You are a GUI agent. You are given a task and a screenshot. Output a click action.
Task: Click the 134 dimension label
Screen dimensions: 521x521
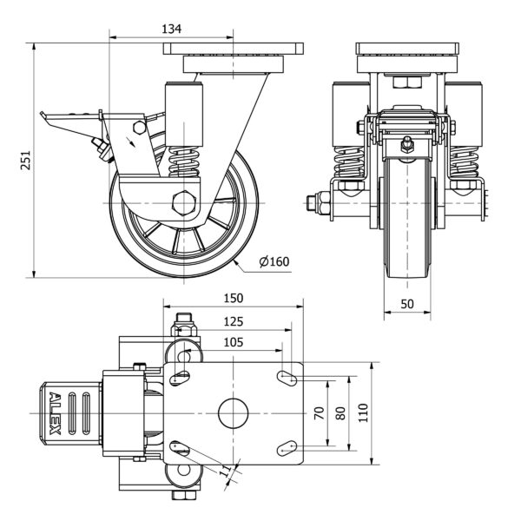[172, 29]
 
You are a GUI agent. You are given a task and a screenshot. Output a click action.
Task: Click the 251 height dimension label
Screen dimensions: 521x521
[26, 161]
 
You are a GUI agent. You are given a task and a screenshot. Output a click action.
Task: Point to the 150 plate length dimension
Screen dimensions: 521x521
[233, 298]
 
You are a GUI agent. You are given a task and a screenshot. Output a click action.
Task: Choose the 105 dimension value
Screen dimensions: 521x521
[233, 341]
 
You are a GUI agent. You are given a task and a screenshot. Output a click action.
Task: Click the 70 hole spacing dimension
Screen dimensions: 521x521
[318, 412]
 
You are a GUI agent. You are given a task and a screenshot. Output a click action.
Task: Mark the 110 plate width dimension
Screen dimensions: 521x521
[364, 412]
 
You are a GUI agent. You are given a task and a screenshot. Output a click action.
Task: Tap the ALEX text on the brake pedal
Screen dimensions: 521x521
[56, 412]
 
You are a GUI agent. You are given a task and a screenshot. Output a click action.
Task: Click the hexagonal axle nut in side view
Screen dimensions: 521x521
[185, 205]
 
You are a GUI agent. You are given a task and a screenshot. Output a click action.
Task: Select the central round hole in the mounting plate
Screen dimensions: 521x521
[233, 412]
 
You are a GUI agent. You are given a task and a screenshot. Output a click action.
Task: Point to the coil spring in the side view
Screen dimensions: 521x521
[185, 162]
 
